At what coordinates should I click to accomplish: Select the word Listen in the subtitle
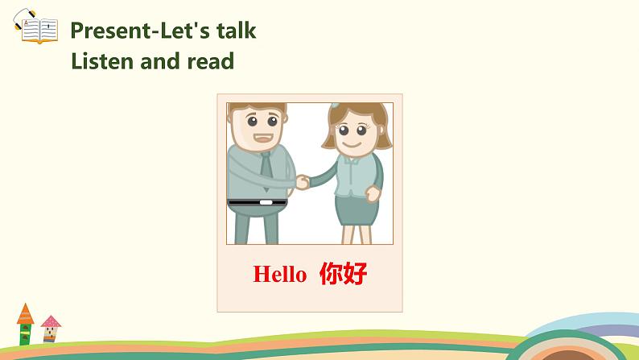[103, 60]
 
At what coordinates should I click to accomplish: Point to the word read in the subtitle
[210, 60]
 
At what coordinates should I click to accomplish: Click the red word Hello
[279, 275]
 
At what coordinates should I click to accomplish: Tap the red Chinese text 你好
[343, 274]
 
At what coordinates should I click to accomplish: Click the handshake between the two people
[302, 182]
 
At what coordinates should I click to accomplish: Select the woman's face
[351, 133]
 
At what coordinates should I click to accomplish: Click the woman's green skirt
[355, 207]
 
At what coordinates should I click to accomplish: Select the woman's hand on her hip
[373, 193]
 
